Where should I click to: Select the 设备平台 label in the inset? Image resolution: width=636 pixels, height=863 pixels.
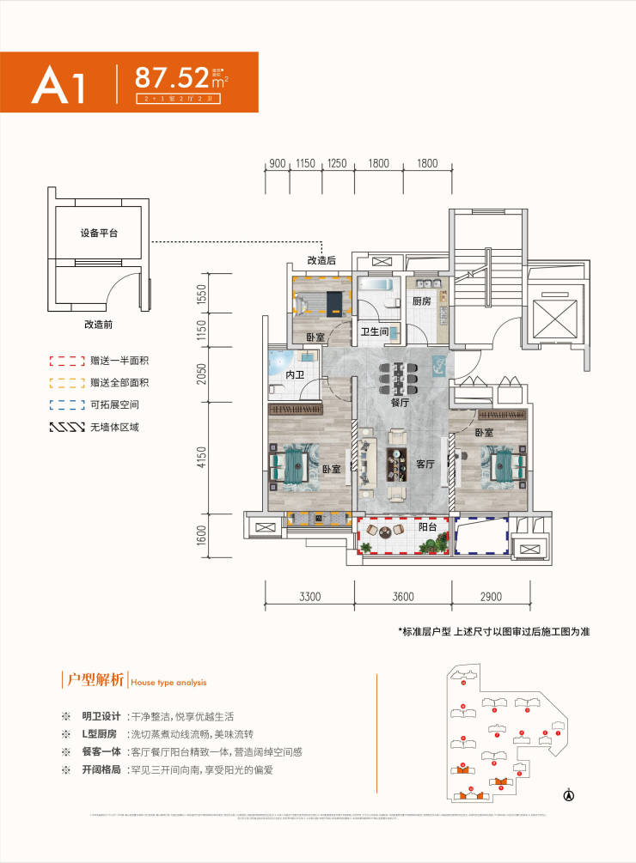[x=99, y=233]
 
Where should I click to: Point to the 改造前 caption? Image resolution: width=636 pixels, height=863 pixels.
[x=100, y=325]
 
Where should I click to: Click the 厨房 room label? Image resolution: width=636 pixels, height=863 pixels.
[x=420, y=302]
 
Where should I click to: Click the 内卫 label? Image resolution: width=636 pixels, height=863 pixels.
[x=295, y=375]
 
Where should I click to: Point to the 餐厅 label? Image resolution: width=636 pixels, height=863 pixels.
[x=399, y=401]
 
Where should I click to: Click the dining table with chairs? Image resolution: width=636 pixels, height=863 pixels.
[x=399, y=374]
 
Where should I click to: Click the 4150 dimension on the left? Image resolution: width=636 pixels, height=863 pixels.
[x=202, y=462]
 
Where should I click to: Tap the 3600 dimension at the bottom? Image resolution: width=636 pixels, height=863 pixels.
[x=401, y=596]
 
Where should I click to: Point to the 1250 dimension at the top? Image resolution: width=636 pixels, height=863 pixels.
[x=337, y=163]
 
